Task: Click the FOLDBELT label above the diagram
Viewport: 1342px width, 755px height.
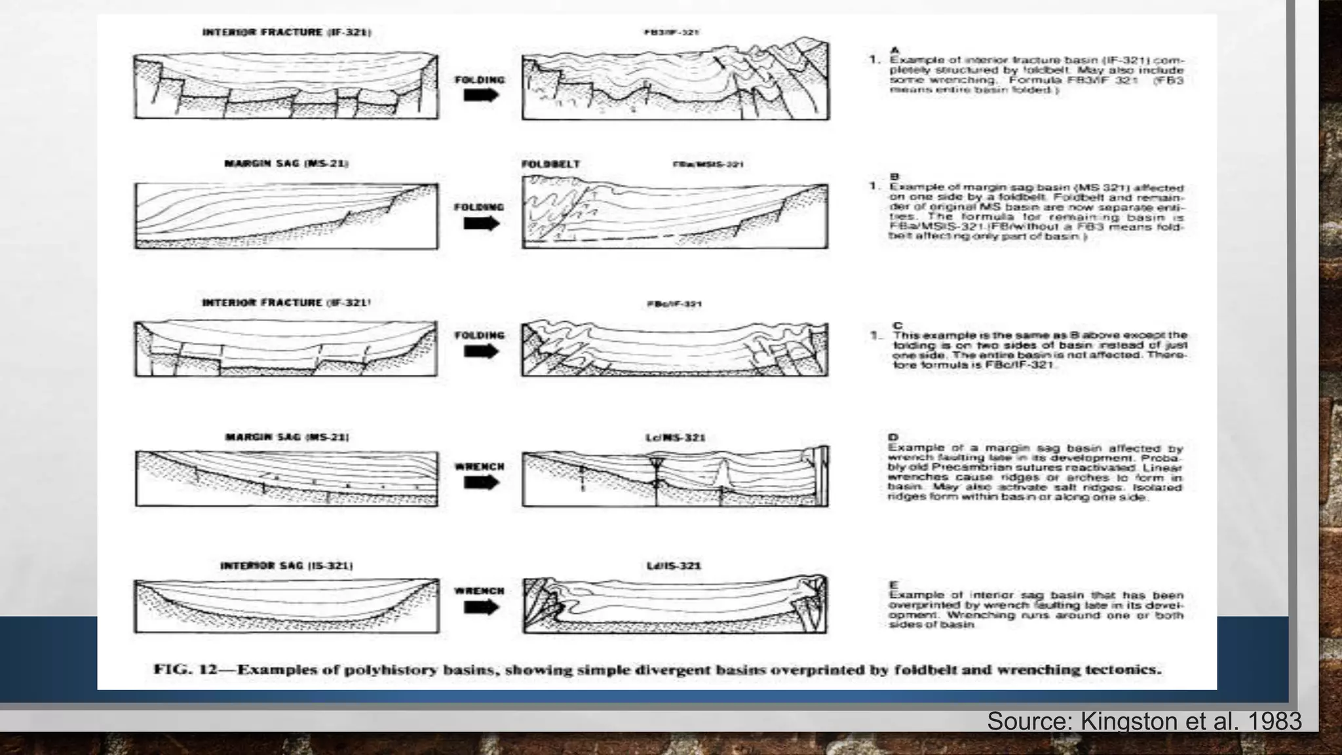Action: [550, 164]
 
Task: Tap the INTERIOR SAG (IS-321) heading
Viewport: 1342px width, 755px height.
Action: [286, 566]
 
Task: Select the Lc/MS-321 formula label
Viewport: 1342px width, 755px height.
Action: [675, 437]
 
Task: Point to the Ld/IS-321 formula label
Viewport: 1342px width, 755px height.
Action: [674, 566]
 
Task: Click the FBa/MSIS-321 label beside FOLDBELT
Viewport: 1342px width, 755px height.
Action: [708, 165]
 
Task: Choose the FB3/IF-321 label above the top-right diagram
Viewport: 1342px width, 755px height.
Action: [671, 32]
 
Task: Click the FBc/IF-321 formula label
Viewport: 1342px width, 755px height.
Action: [674, 304]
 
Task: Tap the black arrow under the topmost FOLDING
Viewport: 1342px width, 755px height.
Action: [481, 95]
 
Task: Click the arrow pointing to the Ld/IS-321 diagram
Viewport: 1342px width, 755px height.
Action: [481, 608]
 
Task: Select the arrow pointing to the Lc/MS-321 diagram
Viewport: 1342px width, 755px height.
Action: [481, 483]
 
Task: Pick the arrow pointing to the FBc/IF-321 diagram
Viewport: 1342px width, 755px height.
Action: [481, 351]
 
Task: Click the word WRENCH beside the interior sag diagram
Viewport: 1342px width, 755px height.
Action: [480, 591]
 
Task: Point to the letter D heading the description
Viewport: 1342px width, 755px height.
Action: [893, 437]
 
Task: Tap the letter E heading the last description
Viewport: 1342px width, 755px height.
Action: [893, 585]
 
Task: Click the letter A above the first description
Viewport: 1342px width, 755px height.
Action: [895, 50]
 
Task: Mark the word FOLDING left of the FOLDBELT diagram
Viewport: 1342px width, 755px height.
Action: [480, 207]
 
